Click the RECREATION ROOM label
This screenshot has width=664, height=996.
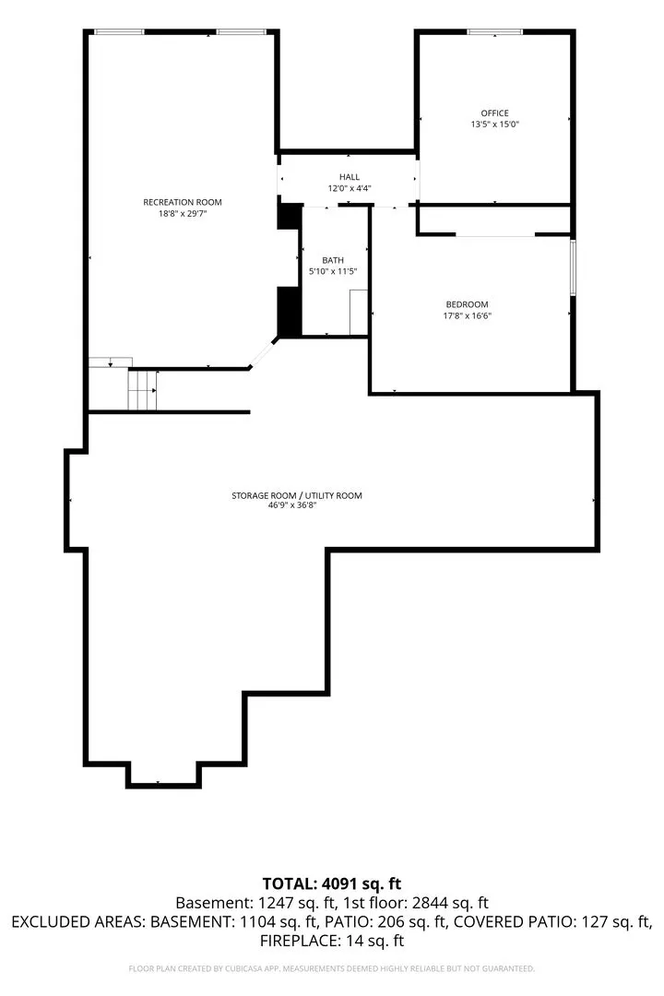[x=183, y=202]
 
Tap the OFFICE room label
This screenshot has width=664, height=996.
[x=494, y=113]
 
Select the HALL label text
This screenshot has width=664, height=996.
[x=350, y=176]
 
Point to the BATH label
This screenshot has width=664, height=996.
[x=333, y=260]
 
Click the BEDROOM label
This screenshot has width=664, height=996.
[x=467, y=304]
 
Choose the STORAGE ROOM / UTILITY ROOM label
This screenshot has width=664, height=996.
[x=297, y=495]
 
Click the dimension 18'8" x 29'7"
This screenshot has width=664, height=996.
[x=183, y=213]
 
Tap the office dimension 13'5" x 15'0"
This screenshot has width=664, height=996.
[x=494, y=125]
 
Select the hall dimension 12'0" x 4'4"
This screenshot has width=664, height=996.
[x=350, y=188]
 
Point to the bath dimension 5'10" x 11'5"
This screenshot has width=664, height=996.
[x=333, y=271]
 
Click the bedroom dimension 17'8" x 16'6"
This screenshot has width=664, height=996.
[x=467, y=315]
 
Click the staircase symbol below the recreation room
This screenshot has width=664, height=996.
[x=142, y=390]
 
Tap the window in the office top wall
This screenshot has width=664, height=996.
[x=494, y=31]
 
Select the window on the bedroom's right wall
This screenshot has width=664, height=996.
[x=573, y=267]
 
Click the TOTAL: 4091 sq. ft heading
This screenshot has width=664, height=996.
[x=332, y=883]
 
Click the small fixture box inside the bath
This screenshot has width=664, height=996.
[x=359, y=312]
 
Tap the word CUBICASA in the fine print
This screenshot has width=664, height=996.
[x=241, y=968]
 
